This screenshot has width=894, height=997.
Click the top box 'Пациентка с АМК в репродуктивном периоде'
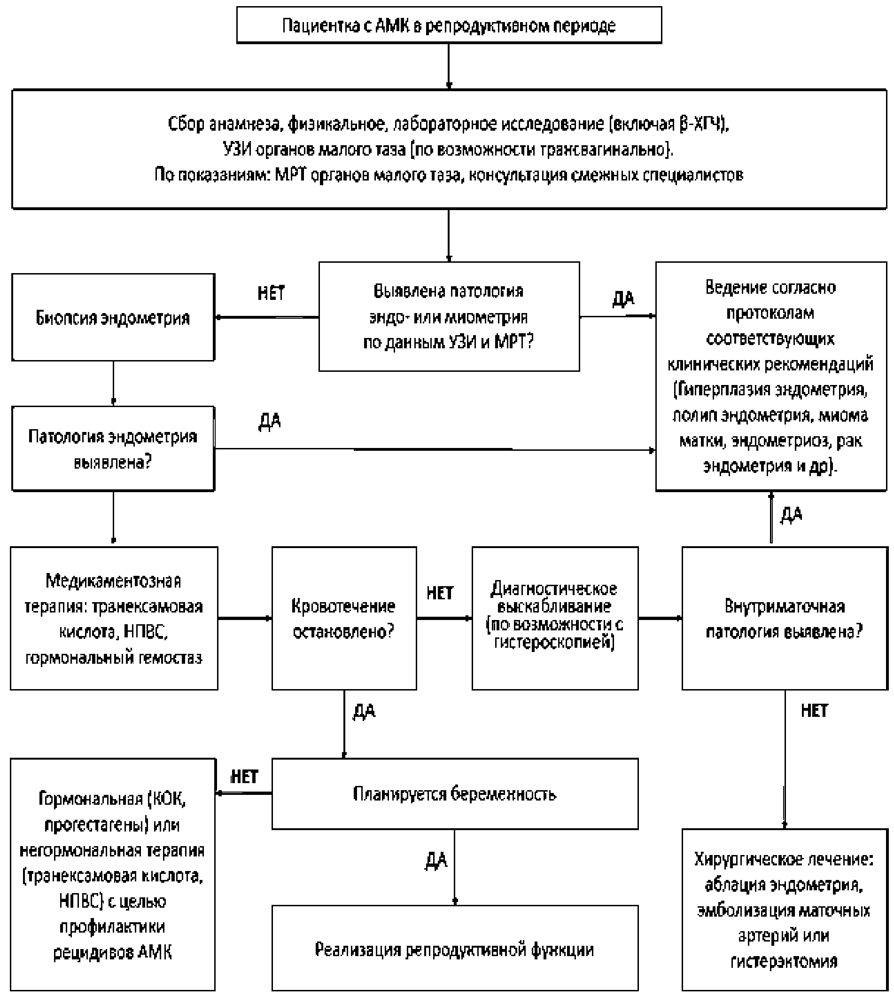449,25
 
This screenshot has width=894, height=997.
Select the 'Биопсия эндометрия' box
113,317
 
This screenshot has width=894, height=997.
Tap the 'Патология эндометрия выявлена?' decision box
113,448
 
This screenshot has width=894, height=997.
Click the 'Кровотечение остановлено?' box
344,618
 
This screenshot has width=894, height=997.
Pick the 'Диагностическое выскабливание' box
555,618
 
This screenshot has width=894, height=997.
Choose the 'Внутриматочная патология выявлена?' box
785,618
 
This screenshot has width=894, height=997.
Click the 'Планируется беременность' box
455,794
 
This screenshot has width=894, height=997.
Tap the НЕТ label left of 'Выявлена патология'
271,293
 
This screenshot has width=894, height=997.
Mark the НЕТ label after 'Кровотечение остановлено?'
440,593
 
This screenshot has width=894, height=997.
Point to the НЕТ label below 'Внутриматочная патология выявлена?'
815,711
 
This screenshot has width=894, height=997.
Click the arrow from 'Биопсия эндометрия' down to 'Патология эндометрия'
114,383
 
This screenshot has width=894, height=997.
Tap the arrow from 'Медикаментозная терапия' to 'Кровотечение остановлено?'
245,618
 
